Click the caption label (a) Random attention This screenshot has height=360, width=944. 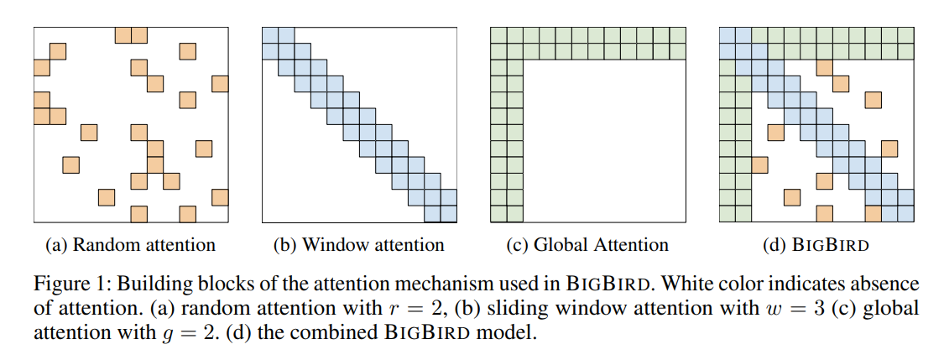coord(130,245)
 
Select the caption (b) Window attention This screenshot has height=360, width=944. coord(358,245)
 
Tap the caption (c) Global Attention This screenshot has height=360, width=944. coord(587,245)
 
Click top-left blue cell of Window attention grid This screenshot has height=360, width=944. coord(270,34)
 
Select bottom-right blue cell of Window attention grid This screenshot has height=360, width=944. coord(449,214)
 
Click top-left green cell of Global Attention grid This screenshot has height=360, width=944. coord(498,34)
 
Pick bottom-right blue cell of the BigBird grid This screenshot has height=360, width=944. coord(905,214)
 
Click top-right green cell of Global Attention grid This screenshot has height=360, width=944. coord(677,34)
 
